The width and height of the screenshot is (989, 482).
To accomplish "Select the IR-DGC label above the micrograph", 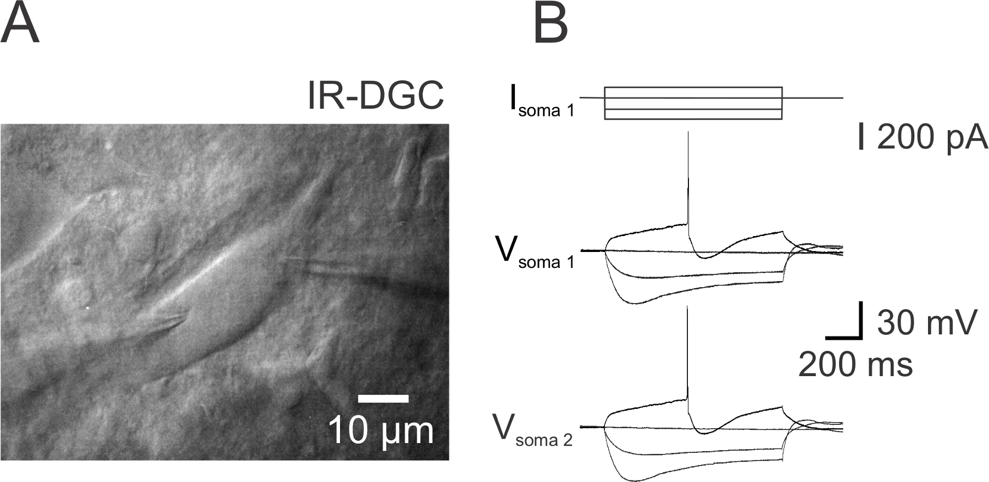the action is click(375, 95).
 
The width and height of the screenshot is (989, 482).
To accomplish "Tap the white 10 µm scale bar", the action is click(383, 398).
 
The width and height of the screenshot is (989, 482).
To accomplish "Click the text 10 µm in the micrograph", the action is click(381, 431).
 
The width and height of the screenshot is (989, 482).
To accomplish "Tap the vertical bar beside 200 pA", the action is click(861, 136).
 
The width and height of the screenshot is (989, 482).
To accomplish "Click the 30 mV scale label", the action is click(926, 322).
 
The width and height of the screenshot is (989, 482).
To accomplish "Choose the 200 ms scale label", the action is click(855, 364).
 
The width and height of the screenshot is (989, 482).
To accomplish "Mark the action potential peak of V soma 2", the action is click(687, 309).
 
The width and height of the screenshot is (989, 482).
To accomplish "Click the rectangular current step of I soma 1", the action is click(693, 103).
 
